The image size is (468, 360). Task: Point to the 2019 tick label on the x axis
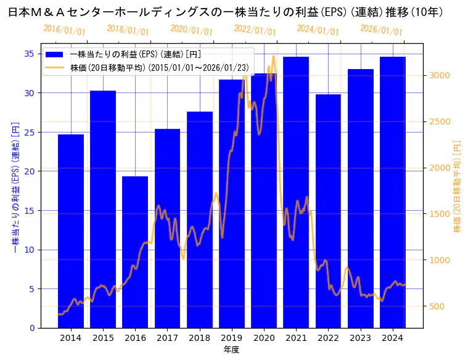tap(231, 338)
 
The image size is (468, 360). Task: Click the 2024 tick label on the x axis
tap(392, 338)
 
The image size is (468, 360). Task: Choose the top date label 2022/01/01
tap(255, 30)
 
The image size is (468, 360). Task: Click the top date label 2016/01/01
tap(65, 30)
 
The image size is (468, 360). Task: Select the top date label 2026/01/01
tap(381, 30)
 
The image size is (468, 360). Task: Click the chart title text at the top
tap(225, 12)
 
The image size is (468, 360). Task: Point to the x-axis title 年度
tap(231, 350)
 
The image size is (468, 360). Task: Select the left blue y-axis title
tap(15, 187)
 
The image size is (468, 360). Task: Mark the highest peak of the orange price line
tap(273, 56)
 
